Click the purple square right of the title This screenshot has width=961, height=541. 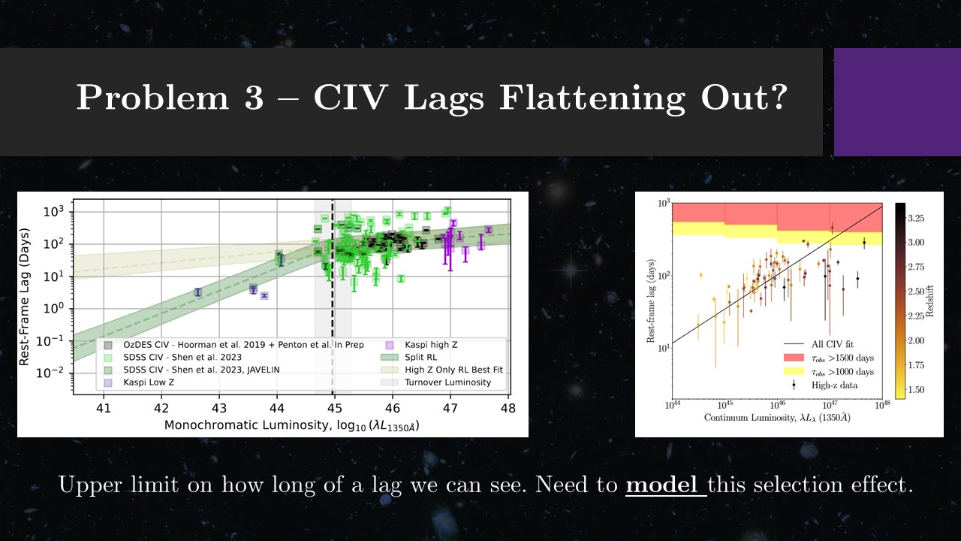[x=897, y=102]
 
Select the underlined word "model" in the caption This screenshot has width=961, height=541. [x=664, y=485]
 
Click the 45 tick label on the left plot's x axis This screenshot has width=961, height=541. [x=334, y=409]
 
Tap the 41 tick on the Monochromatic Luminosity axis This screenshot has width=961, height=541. [x=104, y=409]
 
